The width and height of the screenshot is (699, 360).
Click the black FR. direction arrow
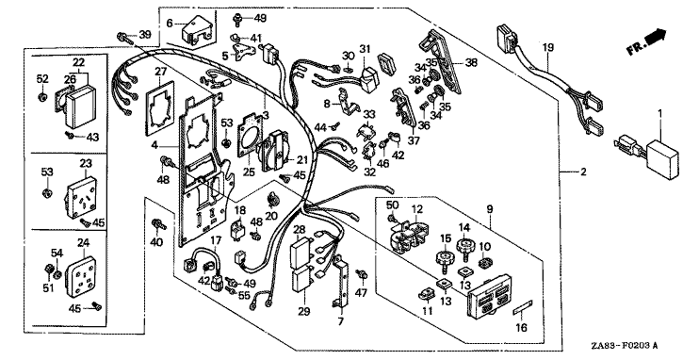coord(656,36)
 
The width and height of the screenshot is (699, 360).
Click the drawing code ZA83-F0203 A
coord(625,346)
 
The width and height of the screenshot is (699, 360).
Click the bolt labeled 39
coord(125,38)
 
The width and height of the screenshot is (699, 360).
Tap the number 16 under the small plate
coord(521,328)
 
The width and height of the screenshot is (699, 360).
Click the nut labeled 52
coord(42,97)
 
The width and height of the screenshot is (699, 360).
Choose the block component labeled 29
coord(302,280)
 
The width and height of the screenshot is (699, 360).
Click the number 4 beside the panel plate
coord(154,145)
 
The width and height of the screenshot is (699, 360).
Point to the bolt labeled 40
coord(158,224)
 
